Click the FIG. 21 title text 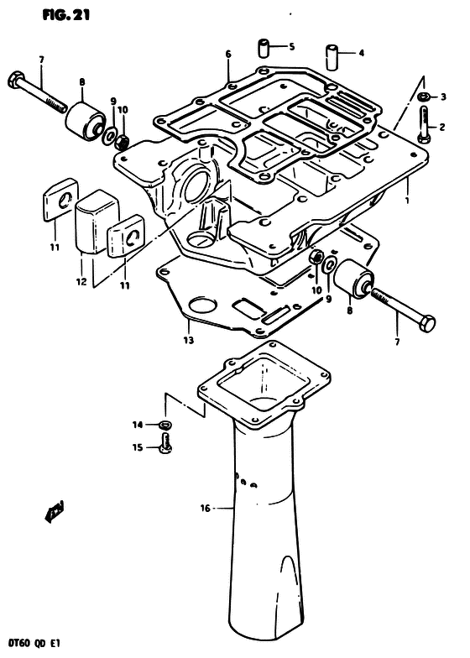click(x=65, y=15)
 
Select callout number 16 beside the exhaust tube click(x=205, y=509)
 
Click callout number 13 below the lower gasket click(x=188, y=340)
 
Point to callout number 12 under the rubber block click(x=81, y=282)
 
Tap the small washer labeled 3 click(x=423, y=97)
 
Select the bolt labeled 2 click(x=423, y=124)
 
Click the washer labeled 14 click(x=164, y=425)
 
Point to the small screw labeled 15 click(x=165, y=444)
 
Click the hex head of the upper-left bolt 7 click(x=13, y=80)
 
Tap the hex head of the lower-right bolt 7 click(x=428, y=323)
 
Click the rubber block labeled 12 click(x=96, y=222)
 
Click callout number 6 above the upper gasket click(x=228, y=54)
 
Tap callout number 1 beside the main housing click(x=406, y=200)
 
